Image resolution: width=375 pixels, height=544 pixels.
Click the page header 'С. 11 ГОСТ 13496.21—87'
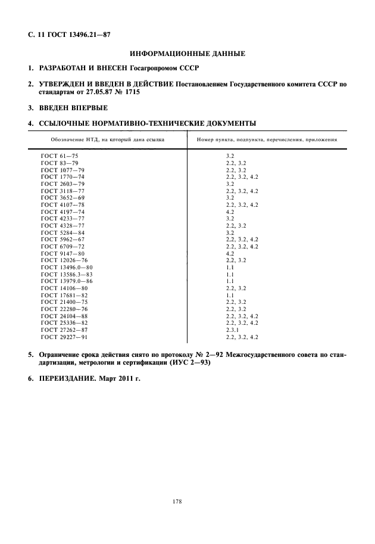click(69, 35)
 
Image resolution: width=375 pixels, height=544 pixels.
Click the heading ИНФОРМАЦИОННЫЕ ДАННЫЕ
click(187, 54)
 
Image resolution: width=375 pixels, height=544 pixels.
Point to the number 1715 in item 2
click(135, 93)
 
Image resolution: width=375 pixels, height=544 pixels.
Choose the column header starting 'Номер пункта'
click(267, 139)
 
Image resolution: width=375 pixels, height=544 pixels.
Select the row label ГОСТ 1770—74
click(62, 177)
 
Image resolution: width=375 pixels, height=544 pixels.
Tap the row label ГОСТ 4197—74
click(62, 212)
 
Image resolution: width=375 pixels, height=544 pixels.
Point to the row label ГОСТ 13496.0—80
click(67, 267)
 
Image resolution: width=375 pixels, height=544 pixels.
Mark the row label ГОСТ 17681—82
click(64, 295)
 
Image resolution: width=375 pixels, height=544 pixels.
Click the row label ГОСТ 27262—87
click(64, 329)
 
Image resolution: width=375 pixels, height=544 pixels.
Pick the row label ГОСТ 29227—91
click(64, 337)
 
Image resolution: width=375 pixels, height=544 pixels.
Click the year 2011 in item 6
click(122, 379)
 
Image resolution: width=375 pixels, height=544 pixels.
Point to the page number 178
click(177, 502)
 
